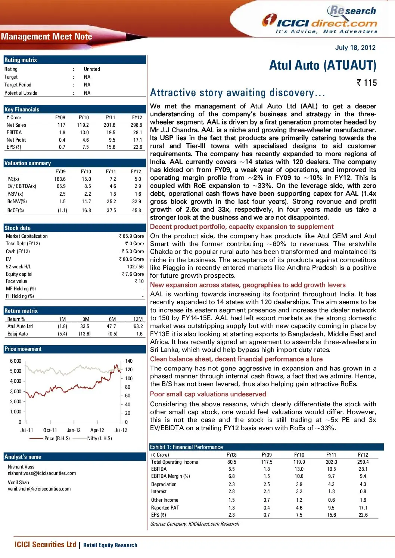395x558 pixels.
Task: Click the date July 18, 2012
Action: [355, 48]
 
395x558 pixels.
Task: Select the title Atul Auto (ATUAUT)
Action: [323, 65]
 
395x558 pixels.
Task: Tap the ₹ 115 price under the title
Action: [367, 83]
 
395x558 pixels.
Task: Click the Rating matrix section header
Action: [21, 60]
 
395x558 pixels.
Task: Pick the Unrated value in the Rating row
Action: [92, 69]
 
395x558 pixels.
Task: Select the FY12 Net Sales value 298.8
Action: [136, 125]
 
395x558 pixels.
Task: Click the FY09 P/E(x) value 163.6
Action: [60, 179]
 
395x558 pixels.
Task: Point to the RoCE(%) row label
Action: [16, 210]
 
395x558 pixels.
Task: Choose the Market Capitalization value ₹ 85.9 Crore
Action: [131, 236]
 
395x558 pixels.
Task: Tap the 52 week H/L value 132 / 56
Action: [135, 267]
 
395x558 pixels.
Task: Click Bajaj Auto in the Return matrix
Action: [18, 334]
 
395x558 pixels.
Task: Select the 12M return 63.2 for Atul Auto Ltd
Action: [138, 327]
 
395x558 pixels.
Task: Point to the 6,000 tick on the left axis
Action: [16, 361]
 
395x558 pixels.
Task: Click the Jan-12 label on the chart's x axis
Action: [74, 430]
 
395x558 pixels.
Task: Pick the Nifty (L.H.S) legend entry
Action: [99, 439]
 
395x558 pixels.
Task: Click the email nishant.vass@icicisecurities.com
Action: [42, 473]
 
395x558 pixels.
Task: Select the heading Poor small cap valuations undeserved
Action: [208, 394]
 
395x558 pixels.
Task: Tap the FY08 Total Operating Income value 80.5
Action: [231, 462]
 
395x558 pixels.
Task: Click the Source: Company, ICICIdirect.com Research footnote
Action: [195, 524]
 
